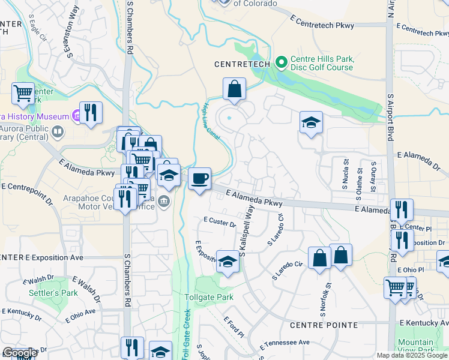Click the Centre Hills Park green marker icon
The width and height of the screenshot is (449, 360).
click(x=281, y=62)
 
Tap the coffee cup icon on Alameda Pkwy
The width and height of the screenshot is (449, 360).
click(x=200, y=178)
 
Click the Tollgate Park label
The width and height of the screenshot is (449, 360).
click(x=209, y=298)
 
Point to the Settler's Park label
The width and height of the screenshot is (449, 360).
click(x=53, y=293)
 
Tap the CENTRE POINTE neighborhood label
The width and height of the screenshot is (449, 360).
click(x=324, y=325)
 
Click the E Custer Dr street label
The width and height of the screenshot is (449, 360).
click(x=220, y=222)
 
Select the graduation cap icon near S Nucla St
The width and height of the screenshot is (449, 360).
click(x=311, y=122)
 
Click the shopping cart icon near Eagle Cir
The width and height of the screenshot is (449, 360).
click(x=23, y=94)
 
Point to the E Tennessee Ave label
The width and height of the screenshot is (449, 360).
click(x=285, y=344)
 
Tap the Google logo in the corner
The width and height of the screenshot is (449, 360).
click(x=20, y=353)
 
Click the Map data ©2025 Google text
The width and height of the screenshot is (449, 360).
click(x=411, y=355)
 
